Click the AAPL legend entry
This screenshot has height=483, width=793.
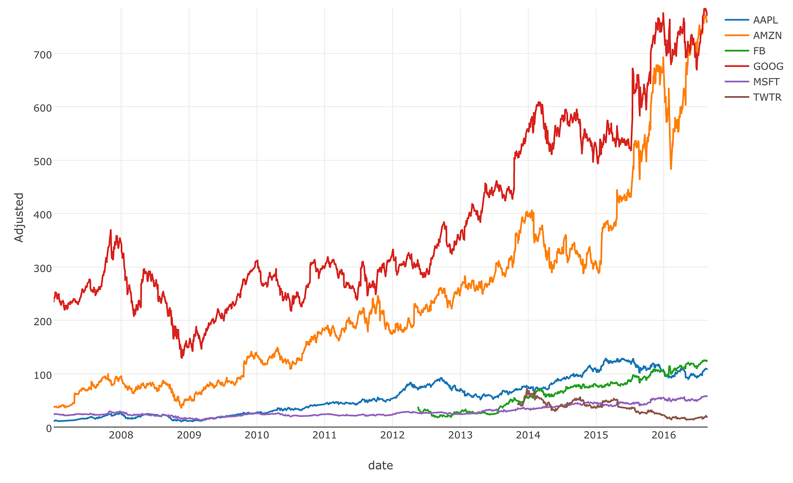click(765, 20)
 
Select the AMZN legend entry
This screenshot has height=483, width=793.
click(767, 35)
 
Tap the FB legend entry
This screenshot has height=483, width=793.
click(759, 51)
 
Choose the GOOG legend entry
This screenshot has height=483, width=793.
click(768, 66)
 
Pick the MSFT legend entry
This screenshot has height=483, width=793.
click(766, 82)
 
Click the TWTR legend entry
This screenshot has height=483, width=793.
click(767, 97)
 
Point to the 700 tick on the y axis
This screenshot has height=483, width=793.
click(39, 54)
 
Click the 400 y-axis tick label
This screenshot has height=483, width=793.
click(39, 214)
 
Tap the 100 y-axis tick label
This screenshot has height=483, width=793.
click(39, 374)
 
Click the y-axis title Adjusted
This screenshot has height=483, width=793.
click(19, 217)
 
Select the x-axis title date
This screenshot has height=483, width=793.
click(380, 465)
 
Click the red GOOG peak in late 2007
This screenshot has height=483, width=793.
click(110, 230)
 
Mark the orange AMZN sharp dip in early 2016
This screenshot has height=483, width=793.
click(671, 169)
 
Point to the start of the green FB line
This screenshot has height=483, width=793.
click(417, 407)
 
